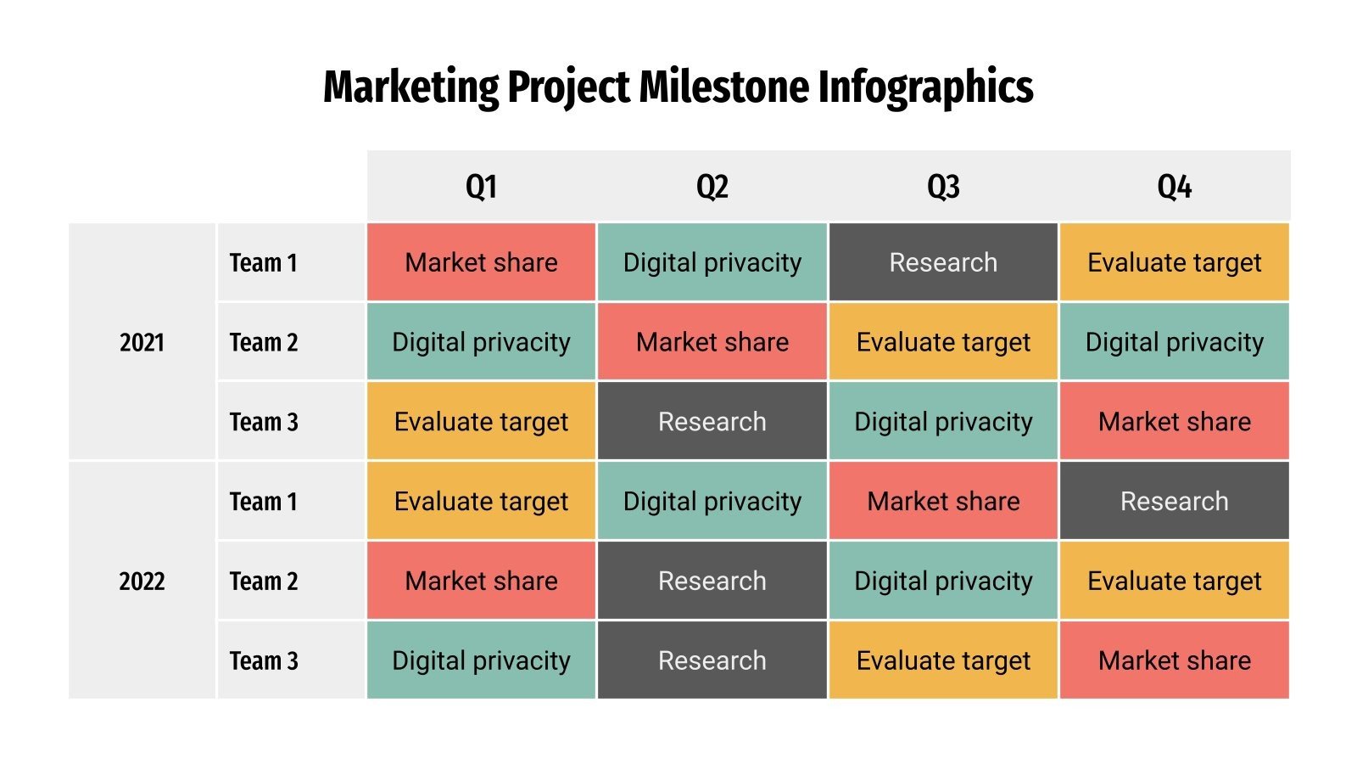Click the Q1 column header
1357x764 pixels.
click(x=481, y=186)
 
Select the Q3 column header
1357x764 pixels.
click(x=943, y=186)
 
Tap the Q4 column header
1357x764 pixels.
click(x=1174, y=186)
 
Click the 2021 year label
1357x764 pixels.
click(x=142, y=342)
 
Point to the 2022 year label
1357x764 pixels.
click(x=142, y=581)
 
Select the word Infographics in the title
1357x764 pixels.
click(x=925, y=88)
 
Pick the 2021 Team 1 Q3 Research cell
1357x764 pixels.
click(x=943, y=262)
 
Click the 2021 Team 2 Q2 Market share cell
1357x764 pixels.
click(x=712, y=342)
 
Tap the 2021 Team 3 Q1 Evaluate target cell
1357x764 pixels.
click(x=481, y=422)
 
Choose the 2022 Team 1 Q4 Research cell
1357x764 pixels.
click(x=1174, y=502)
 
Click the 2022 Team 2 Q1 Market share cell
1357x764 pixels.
click(x=481, y=581)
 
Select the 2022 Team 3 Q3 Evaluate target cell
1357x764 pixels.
click(x=943, y=660)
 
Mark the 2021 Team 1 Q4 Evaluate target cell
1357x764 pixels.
click(x=1174, y=262)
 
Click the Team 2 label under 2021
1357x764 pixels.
click(x=264, y=342)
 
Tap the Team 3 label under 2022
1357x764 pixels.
click(x=264, y=660)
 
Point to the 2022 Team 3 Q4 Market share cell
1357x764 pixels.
click(x=1174, y=660)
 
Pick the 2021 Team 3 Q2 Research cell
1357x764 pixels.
click(x=712, y=422)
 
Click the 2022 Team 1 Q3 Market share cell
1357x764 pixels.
click(x=943, y=502)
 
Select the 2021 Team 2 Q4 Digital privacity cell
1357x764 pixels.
click(x=1174, y=342)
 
